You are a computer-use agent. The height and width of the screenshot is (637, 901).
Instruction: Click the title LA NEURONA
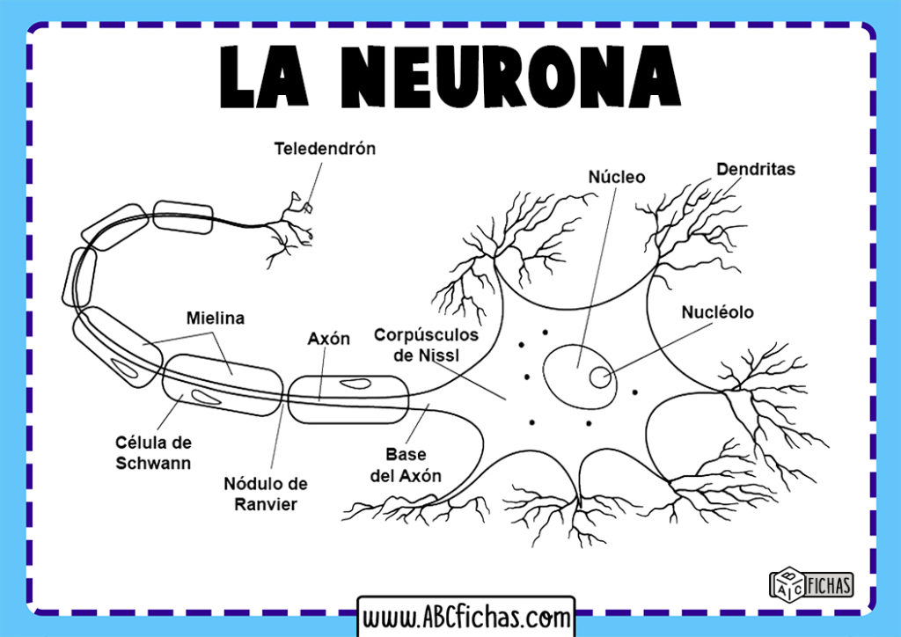coord(450,76)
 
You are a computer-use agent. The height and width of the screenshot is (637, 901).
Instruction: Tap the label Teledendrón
coord(325,148)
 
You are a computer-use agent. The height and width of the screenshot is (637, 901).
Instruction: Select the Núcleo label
coord(616,177)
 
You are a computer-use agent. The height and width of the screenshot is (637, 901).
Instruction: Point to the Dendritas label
coord(755,168)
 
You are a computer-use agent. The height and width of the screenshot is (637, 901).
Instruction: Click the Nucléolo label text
coord(717,311)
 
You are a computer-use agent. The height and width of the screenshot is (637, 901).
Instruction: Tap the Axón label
coord(328,338)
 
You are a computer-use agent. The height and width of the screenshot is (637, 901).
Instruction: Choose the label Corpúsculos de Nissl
coord(426,345)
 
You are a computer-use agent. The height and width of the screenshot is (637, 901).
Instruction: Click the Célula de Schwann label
coord(153,452)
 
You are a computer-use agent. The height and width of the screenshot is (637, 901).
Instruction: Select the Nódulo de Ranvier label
coord(265,494)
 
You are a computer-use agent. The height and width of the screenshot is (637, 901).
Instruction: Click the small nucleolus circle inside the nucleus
coord(599,377)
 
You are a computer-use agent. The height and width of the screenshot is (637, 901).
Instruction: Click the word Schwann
coord(153,462)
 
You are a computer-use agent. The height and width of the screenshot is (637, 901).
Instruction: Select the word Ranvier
coord(265,504)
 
